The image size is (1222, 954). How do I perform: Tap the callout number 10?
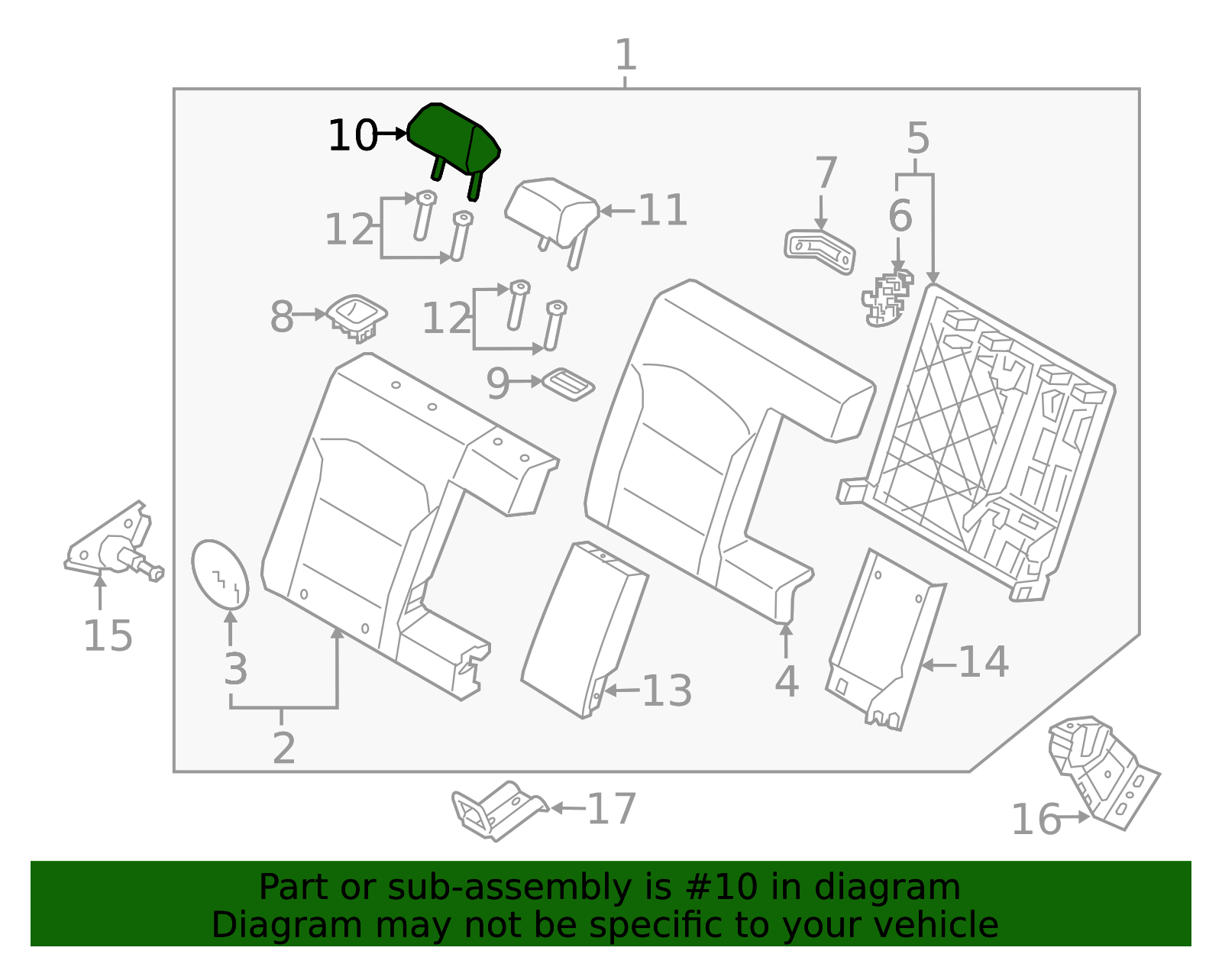click(353, 135)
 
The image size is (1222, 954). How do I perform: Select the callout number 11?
click(663, 211)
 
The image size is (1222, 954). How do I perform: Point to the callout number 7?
click(826, 173)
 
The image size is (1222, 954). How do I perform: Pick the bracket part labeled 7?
click(820, 252)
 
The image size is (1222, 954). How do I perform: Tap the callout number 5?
click(918, 138)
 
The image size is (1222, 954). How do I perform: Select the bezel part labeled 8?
click(357, 318)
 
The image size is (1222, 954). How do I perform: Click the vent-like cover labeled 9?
click(568, 384)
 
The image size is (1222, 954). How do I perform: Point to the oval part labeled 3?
click(220, 574)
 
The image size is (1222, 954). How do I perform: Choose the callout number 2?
click(283, 749)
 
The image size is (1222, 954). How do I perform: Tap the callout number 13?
click(667, 691)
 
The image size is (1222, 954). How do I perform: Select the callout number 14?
click(984, 661)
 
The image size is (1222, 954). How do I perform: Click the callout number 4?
click(787, 681)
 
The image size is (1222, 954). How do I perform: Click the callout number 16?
click(1036, 820)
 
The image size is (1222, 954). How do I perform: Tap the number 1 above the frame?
click(626, 54)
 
